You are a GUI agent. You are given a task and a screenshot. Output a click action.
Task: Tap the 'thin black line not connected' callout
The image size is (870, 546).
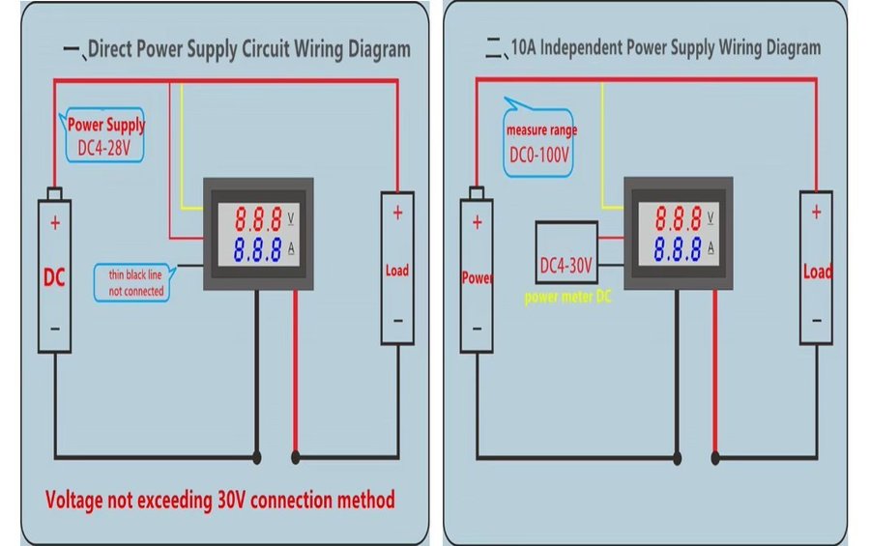[136, 282]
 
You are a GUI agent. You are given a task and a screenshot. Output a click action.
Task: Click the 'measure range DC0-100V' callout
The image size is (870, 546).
[537, 142]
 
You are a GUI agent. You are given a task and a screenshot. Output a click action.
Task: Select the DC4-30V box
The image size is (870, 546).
[566, 264]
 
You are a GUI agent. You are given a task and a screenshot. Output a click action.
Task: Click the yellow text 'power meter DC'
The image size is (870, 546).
[568, 298]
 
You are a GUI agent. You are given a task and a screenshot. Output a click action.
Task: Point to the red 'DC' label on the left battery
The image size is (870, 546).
[55, 278]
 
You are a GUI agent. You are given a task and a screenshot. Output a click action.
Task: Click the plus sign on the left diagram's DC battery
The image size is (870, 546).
[55, 222]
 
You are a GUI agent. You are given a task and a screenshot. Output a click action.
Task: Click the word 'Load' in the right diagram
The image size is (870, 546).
[817, 272]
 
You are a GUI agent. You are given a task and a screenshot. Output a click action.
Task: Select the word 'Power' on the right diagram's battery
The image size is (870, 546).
[478, 278]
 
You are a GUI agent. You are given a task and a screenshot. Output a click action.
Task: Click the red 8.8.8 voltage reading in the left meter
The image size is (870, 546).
[257, 217]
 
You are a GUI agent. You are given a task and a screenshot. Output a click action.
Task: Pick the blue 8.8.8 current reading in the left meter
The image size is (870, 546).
[257, 250]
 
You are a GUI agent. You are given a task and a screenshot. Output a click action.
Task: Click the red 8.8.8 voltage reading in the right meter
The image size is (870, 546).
[677, 217]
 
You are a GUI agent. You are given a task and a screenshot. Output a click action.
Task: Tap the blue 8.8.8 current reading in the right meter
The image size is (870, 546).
[677, 248]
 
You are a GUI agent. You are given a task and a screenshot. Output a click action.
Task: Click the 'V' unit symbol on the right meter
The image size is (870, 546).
[711, 216]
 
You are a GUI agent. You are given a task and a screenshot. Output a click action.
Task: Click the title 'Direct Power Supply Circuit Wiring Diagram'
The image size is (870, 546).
[249, 49]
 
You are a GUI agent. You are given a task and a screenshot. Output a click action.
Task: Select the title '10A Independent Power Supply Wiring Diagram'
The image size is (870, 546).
[664, 47]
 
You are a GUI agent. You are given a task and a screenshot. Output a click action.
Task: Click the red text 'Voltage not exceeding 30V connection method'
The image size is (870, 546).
[220, 500]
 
